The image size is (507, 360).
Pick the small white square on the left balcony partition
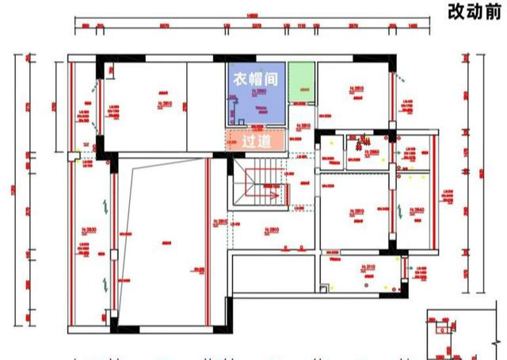[x=113, y=256]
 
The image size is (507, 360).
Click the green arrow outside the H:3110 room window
[x=414, y=273]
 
